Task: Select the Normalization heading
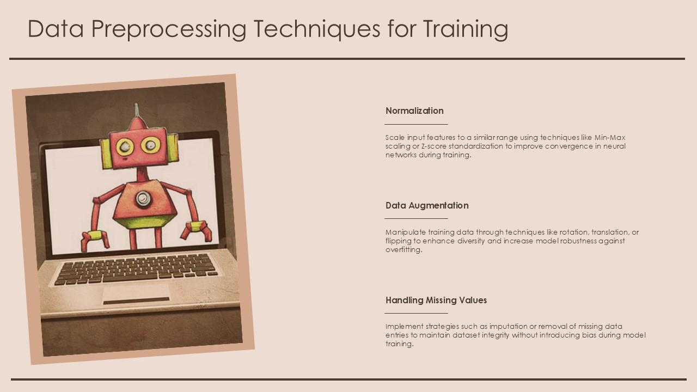pyautogui.click(x=414, y=111)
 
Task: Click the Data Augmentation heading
pyautogui.click(x=427, y=205)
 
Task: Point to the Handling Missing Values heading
pyautogui.click(x=436, y=300)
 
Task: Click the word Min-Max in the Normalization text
pyautogui.click(x=610, y=137)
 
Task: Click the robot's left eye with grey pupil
pyautogui.click(x=125, y=146)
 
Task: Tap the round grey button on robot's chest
pyautogui.click(x=143, y=199)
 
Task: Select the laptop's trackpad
pyautogui.click(x=136, y=294)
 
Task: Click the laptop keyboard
pyautogui.click(x=136, y=268)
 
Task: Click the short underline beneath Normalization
pyautogui.click(x=416, y=124)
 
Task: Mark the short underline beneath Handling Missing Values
pyautogui.click(x=416, y=313)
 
